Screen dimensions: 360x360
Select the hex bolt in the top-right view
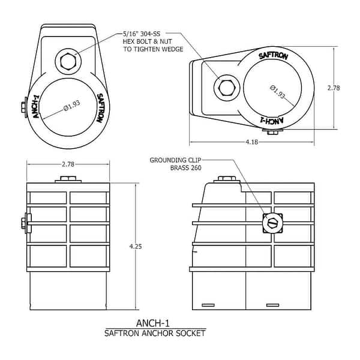pyautogui.click(x=227, y=88)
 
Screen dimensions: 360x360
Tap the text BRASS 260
pyautogui.click(x=187, y=169)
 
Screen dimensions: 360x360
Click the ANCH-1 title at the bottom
pyautogui.click(x=154, y=323)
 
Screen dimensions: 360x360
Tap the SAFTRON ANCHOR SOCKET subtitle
pyautogui.click(x=154, y=333)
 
